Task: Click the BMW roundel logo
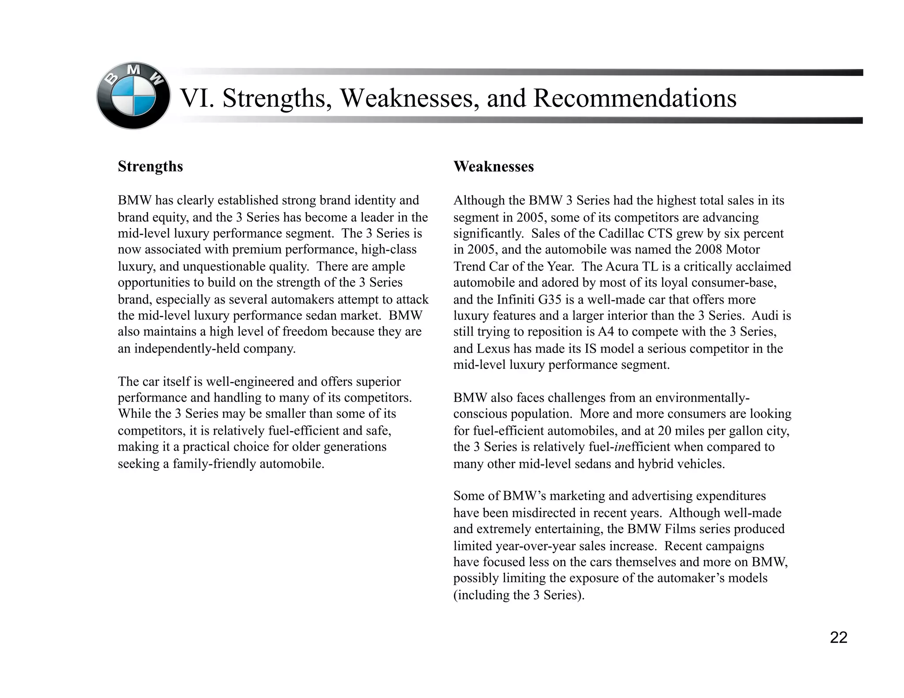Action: [x=133, y=96]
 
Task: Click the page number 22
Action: [x=838, y=638]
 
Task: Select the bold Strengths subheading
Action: [x=150, y=167]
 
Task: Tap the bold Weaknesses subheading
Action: [x=493, y=167]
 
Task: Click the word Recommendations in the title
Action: [x=634, y=98]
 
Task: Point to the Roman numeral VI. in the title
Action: [x=197, y=98]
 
